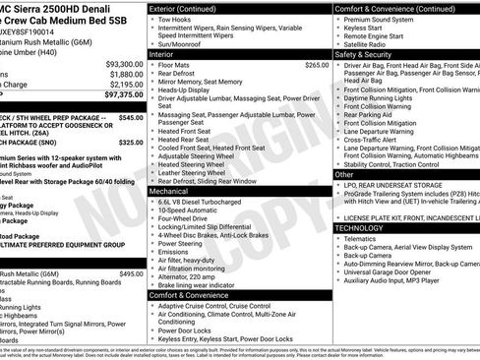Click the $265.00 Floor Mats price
(317, 65)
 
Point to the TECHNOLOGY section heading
(360, 227)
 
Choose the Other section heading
(344, 174)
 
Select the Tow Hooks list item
(179, 20)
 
